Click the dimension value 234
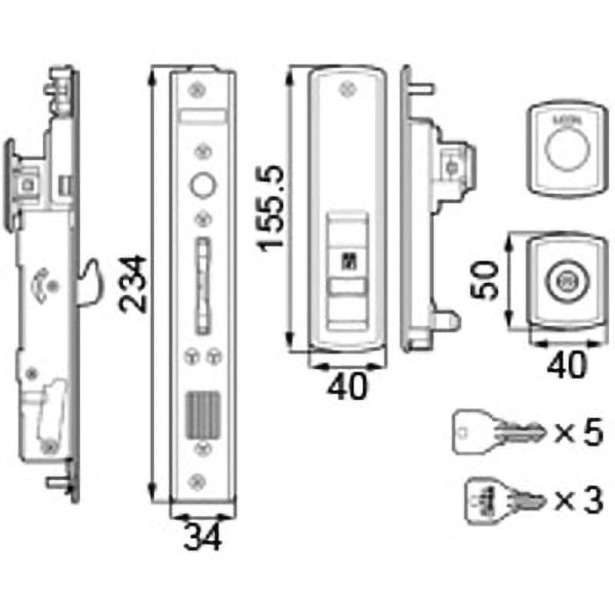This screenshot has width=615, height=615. point(135,283)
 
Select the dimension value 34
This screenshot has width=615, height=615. point(201,536)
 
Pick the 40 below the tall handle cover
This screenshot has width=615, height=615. point(347,385)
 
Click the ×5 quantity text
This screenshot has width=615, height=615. point(577,434)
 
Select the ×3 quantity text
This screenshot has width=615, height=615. point(577,500)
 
